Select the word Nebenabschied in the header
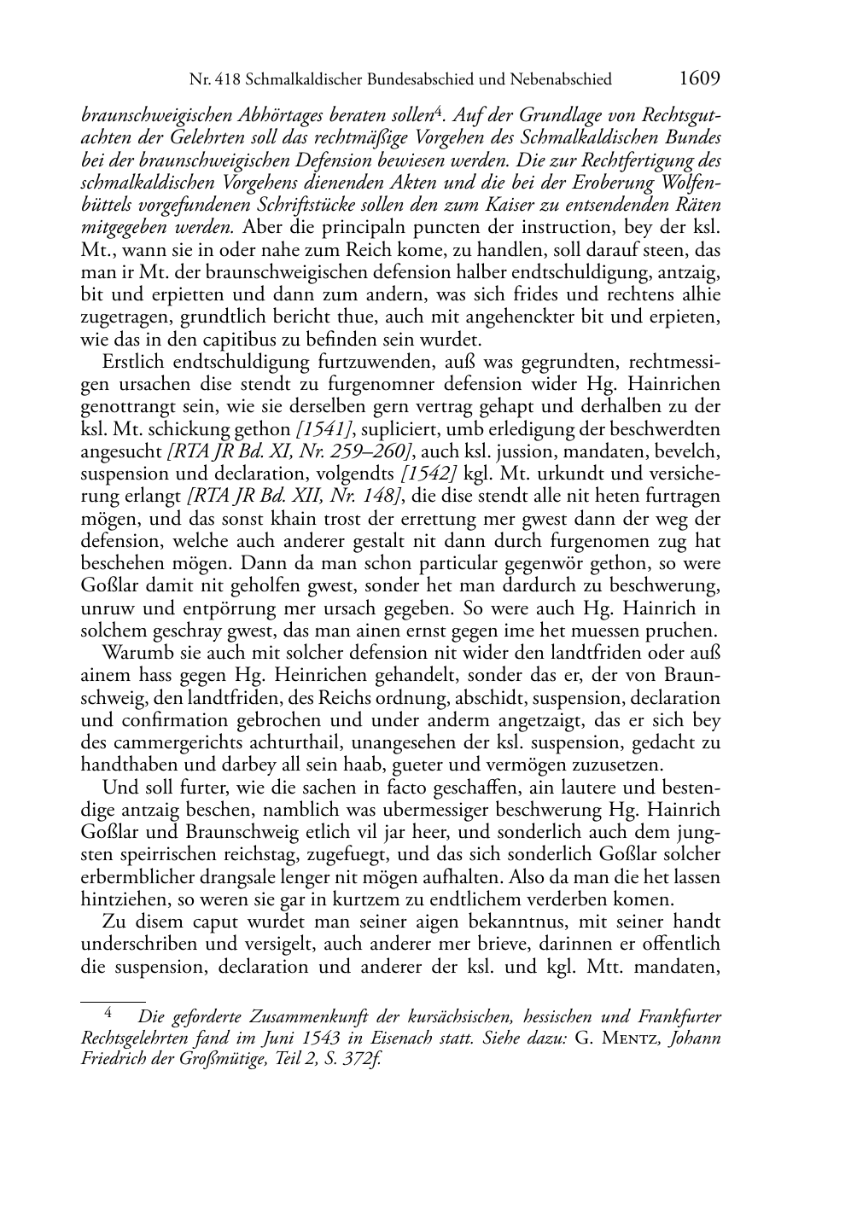coord(558,80)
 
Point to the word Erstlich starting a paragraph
coord(131,362)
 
